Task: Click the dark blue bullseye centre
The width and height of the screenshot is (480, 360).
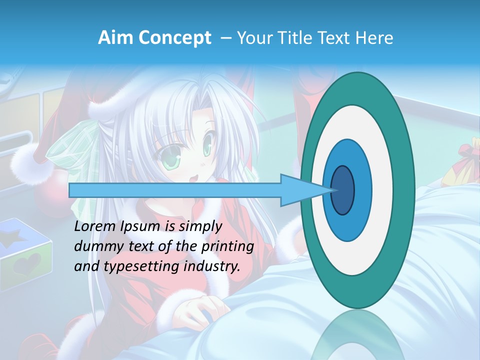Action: (x=342, y=190)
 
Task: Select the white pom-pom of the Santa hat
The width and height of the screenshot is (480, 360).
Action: (x=32, y=165)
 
